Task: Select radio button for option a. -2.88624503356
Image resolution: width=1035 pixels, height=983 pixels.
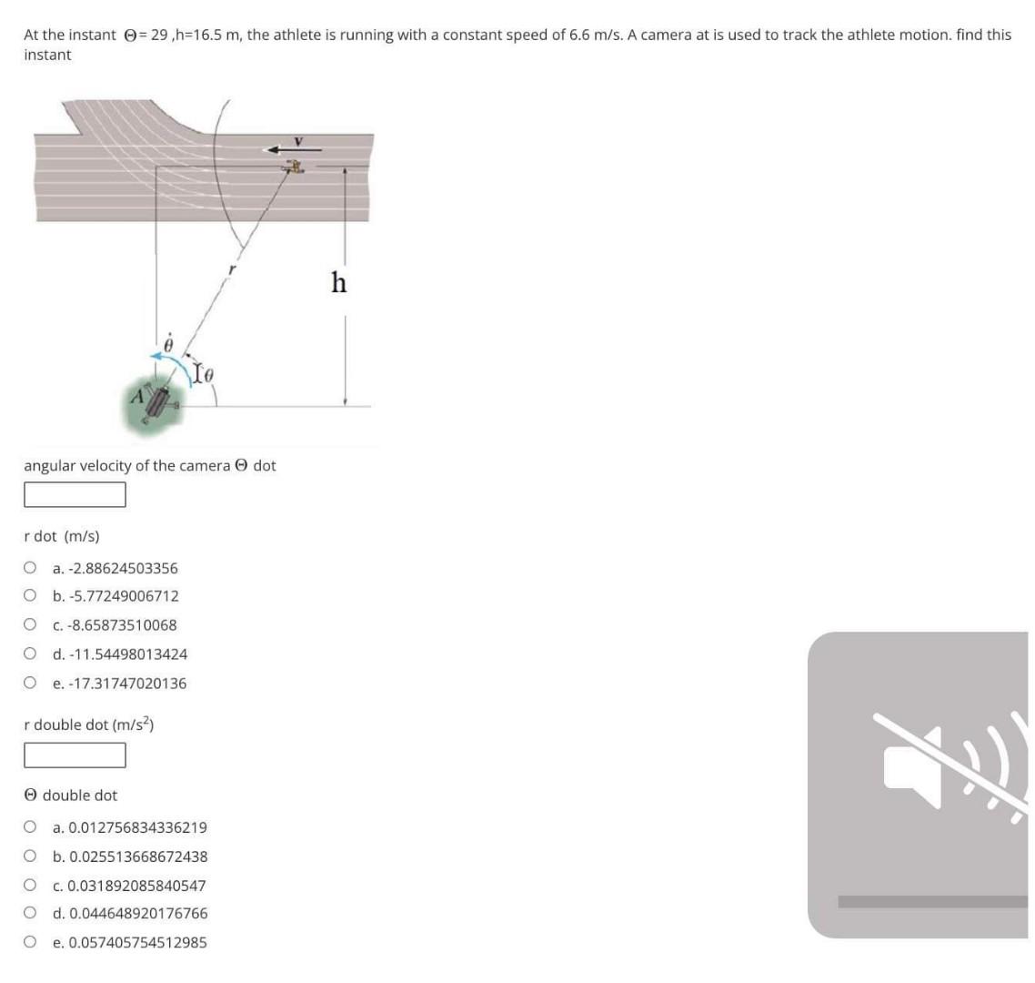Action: (x=31, y=568)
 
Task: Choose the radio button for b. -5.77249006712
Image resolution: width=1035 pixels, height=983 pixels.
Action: (x=31, y=596)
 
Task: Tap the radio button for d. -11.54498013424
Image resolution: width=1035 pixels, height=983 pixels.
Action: (x=31, y=654)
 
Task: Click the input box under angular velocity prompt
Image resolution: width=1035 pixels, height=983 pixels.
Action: (x=75, y=494)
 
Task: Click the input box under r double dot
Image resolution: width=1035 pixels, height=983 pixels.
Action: (x=75, y=755)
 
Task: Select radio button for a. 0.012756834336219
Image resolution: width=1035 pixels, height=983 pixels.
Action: (x=31, y=827)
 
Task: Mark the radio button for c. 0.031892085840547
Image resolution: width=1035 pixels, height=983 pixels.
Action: (x=31, y=885)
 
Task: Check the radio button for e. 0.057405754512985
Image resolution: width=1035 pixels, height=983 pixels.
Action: (x=31, y=942)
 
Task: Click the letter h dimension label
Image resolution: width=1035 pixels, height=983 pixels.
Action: (x=338, y=283)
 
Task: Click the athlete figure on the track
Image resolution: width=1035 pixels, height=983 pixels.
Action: (x=294, y=167)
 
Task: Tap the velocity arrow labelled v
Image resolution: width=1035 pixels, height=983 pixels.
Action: (x=283, y=149)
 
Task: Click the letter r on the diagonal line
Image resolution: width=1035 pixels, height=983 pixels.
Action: (x=233, y=269)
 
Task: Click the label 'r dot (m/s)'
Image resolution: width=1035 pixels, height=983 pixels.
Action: (x=62, y=536)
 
